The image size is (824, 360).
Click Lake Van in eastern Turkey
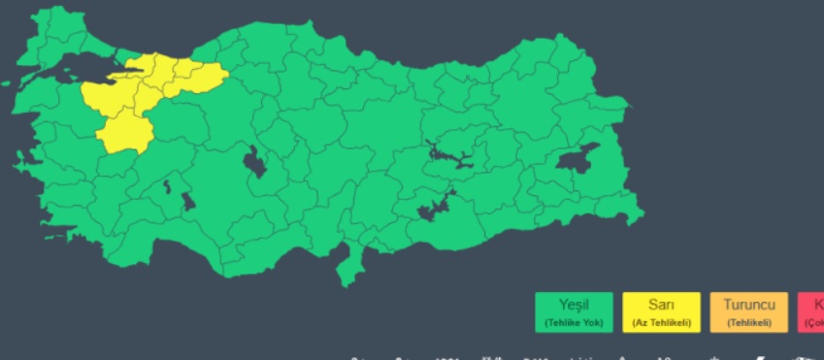[x=578, y=160]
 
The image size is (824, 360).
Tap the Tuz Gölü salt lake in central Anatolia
[x=254, y=163]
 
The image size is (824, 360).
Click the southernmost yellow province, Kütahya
[x=124, y=131]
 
